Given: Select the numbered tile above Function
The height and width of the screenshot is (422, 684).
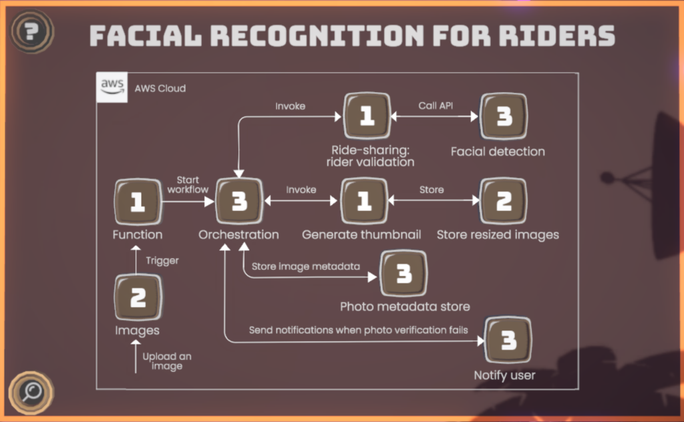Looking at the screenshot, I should click(x=137, y=201).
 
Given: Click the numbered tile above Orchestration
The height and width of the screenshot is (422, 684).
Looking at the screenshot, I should click(x=238, y=201).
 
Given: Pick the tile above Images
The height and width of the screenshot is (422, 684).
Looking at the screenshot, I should click(x=137, y=297).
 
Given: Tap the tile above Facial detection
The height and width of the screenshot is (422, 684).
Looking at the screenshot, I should click(x=503, y=116).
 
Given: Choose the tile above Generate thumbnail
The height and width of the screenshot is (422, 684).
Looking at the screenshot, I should click(x=364, y=200).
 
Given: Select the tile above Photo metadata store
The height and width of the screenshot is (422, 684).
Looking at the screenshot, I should click(x=403, y=274).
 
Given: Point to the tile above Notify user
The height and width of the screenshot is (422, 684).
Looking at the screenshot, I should click(x=508, y=341).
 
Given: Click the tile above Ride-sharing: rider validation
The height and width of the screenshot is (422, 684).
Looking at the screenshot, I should click(x=366, y=116).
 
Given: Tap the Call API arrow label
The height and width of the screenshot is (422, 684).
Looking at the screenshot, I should click(x=435, y=105).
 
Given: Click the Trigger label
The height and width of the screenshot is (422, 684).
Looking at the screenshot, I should click(x=162, y=260).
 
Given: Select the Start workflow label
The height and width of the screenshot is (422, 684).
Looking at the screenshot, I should click(x=188, y=185).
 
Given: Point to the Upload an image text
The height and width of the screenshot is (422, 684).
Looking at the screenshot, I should click(x=167, y=361).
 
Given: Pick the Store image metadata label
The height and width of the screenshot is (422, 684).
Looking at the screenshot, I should click(x=305, y=267).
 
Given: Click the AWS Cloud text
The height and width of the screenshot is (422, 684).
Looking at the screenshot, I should click(x=160, y=88).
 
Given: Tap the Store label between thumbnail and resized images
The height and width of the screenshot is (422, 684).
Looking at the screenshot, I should click(x=432, y=190).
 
